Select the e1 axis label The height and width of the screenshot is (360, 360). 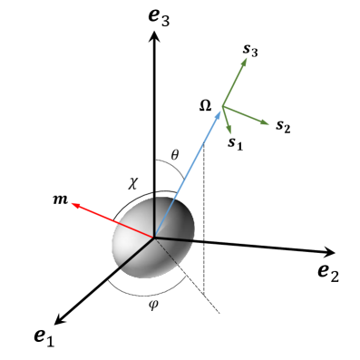[x=44, y=337]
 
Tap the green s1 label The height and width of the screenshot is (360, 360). [x=236, y=142]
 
